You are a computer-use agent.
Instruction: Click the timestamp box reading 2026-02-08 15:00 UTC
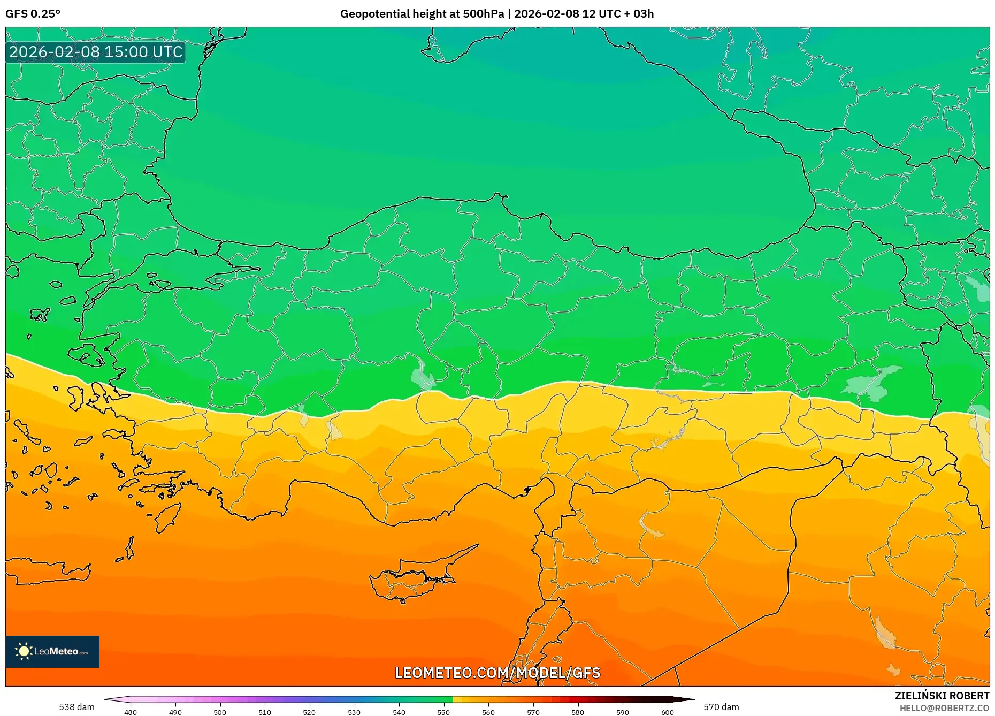click(96, 52)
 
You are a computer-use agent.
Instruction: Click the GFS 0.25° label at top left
click(33, 13)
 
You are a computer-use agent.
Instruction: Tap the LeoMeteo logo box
click(52, 651)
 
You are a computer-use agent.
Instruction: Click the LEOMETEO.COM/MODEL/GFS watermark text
click(497, 673)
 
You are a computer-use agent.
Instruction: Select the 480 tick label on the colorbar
click(131, 712)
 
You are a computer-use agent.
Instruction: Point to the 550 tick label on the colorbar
click(443, 712)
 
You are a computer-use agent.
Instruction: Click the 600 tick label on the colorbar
click(667, 712)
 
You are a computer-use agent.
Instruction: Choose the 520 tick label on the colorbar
click(309, 712)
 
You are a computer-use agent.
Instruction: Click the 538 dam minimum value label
click(76, 707)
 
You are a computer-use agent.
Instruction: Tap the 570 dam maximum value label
click(721, 707)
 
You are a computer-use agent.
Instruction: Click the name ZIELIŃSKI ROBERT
click(942, 696)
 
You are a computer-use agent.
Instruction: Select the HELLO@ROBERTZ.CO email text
click(944, 708)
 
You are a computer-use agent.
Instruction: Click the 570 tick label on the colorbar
click(533, 712)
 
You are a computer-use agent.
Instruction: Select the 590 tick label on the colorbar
click(623, 712)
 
